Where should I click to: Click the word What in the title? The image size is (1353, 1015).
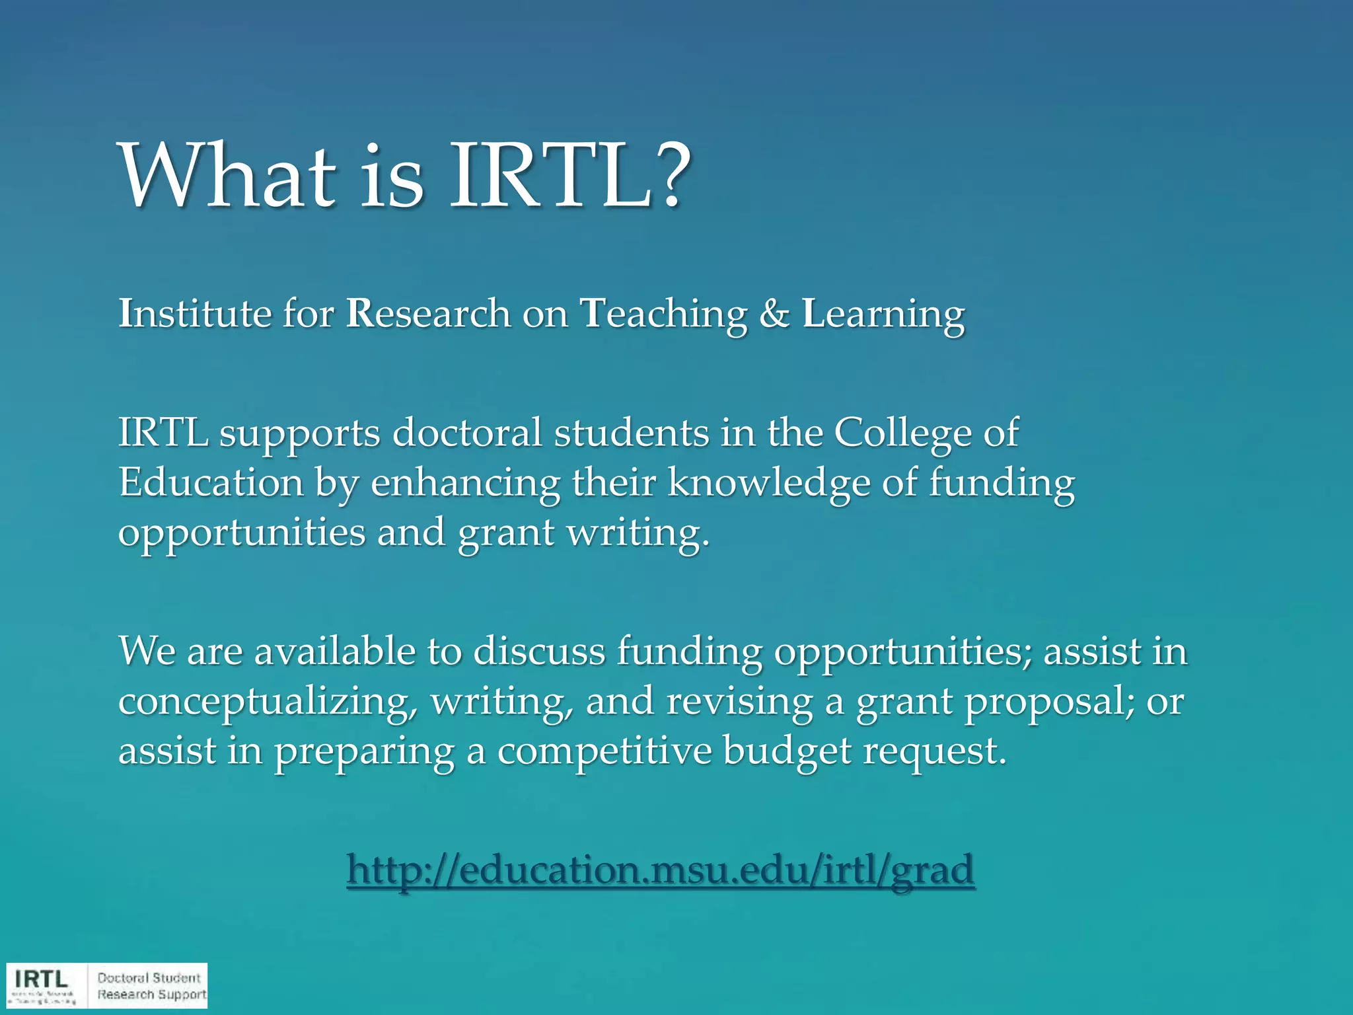pyautogui.click(x=228, y=177)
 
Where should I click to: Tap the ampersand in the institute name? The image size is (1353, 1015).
pyautogui.click(x=774, y=313)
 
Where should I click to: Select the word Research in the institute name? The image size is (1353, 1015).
pyautogui.click(x=428, y=313)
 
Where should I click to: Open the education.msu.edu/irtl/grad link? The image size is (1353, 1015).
pyautogui.click(x=661, y=870)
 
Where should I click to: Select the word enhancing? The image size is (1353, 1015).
pyautogui.click(x=465, y=484)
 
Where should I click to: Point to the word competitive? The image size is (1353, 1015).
pyautogui.click(x=604, y=751)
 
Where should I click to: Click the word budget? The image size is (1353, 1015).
pyautogui.click(x=787, y=751)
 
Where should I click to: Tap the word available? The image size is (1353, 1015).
pyautogui.click(x=334, y=651)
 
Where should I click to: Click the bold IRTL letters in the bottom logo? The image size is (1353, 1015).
pyautogui.click(x=41, y=979)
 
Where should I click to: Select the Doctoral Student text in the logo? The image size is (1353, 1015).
pyautogui.click(x=149, y=977)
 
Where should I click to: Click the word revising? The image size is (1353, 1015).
pyautogui.click(x=739, y=702)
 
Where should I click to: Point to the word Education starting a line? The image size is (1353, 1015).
pyautogui.click(x=211, y=482)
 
